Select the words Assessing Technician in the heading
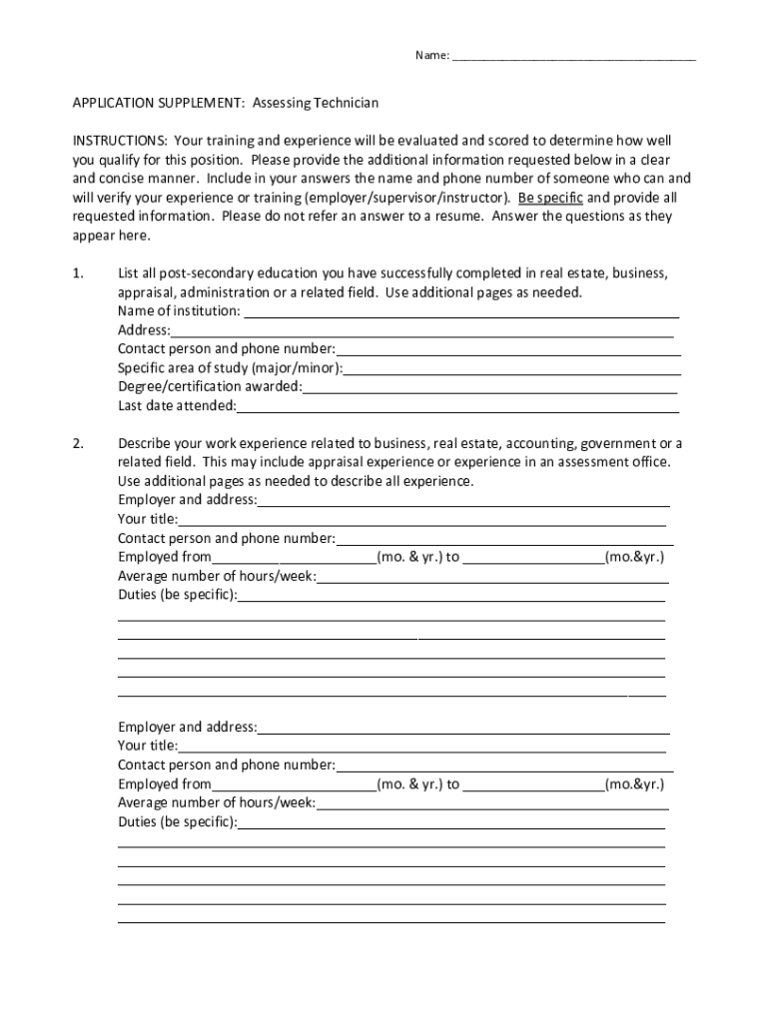316,103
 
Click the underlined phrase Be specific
550,198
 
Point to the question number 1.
78,273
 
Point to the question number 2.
78,443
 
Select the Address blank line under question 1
421,332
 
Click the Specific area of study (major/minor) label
230,368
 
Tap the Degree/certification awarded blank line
489,388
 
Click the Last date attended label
177,406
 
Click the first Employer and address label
187,500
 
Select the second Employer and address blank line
463,729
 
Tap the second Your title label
148,746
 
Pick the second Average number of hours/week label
217,802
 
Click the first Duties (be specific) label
178,595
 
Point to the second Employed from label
165,784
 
